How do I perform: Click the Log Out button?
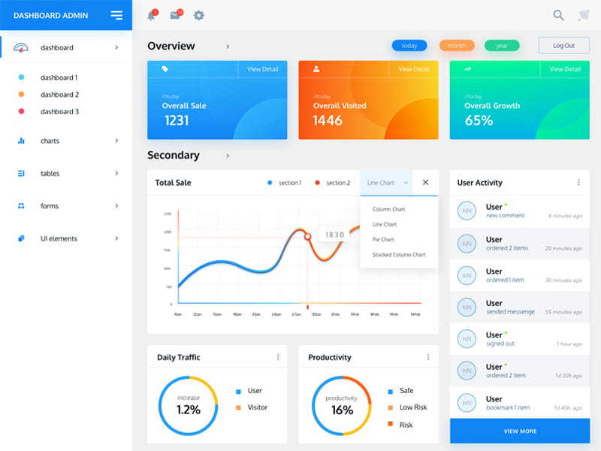pyautogui.click(x=563, y=46)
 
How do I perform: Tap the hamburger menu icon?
pyautogui.click(x=116, y=15)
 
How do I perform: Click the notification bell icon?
pyautogui.click(x=151, y=15)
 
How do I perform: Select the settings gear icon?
pyautogui.click(x=198, y=15)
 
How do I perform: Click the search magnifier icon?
pyautogui.click(x=558, y=15)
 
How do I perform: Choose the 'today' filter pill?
pyautogui.click(x=409, y=46)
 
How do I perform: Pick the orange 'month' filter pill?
pyautogui.click(x=457, y=46)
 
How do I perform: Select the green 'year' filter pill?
pyautogui.click(x=502, y=46)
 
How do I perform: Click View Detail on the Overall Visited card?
pyautogui.click(x=414, y=69)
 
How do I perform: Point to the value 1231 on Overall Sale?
pyautogui.click(x=177, y=120)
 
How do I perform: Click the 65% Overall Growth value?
pyautogui.click(x=479, y=120)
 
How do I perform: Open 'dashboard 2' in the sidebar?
pyautogui.click(x=59, y=95)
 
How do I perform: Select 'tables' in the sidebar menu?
pyautogui.click(x=50, y=174)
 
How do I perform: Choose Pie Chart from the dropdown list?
pyautogui.click(x=383, y=240)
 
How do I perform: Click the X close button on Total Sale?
pyautogui.click(x=425, y=183)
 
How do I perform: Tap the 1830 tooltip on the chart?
pyautogui.click(x=334, y=235)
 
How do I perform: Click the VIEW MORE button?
pyautogui.click(x=520, y=431)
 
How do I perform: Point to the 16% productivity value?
pyautogui.click(x=342, y=410)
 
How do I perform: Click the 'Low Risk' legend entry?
pyautogui.click(x=412, y=407)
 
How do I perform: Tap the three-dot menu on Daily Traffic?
pyautogui.click(x=278, y=357)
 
